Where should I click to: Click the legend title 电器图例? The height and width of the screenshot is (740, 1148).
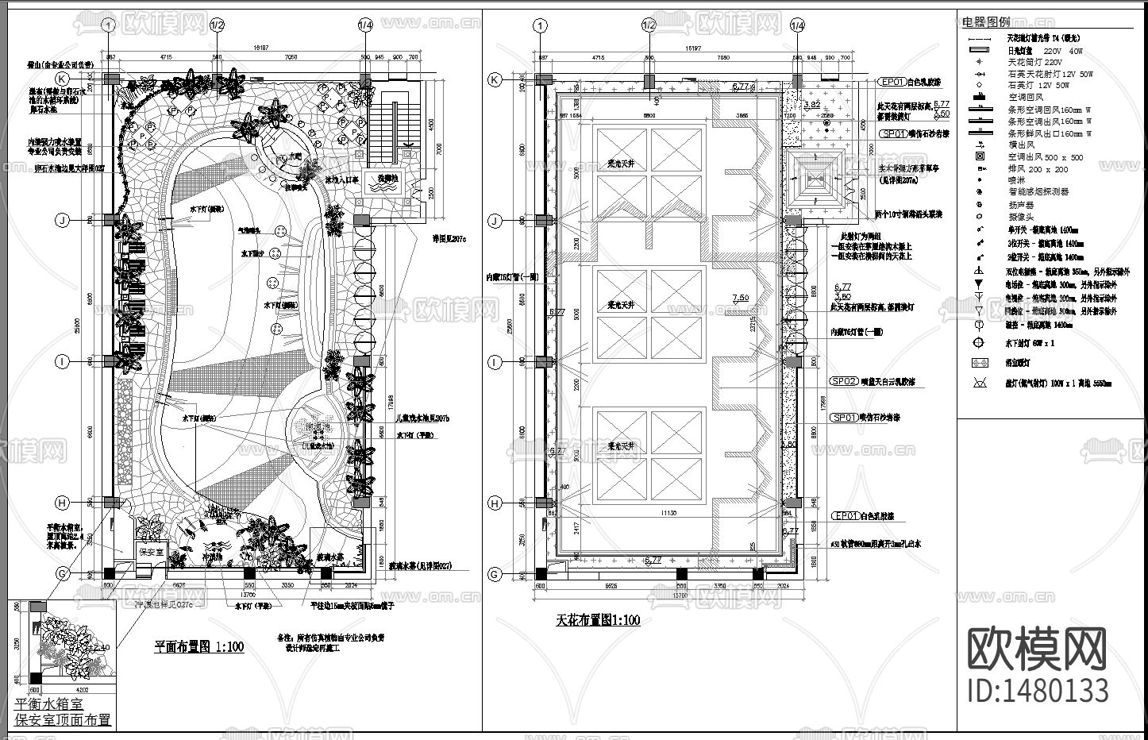[x=986, y=22]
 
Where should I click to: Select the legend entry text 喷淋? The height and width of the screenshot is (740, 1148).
[x=1018, y=180]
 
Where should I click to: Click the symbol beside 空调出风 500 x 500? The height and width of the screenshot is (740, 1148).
[x=980, y=157]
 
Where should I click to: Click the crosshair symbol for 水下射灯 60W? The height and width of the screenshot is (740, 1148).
[x=980, y=343]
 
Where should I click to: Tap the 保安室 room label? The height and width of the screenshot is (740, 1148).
[x=151, y=551]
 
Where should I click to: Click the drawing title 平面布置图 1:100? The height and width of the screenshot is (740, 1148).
[x=199, y=646]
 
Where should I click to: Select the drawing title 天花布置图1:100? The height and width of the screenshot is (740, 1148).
[x=598, y=620]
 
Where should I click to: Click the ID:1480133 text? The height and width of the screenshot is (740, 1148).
[x=1038, y=690]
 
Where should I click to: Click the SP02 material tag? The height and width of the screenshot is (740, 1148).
[x=845, y=381]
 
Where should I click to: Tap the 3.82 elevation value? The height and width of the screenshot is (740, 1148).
[x=812, y=104]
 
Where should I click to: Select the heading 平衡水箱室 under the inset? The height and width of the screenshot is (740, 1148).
[x=48, y=704]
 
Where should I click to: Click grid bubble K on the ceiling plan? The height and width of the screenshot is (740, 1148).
[x=495, y=79]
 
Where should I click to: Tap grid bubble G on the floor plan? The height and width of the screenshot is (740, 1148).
[x=62, y=574]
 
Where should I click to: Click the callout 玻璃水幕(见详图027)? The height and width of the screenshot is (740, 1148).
[x=419, y=566]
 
